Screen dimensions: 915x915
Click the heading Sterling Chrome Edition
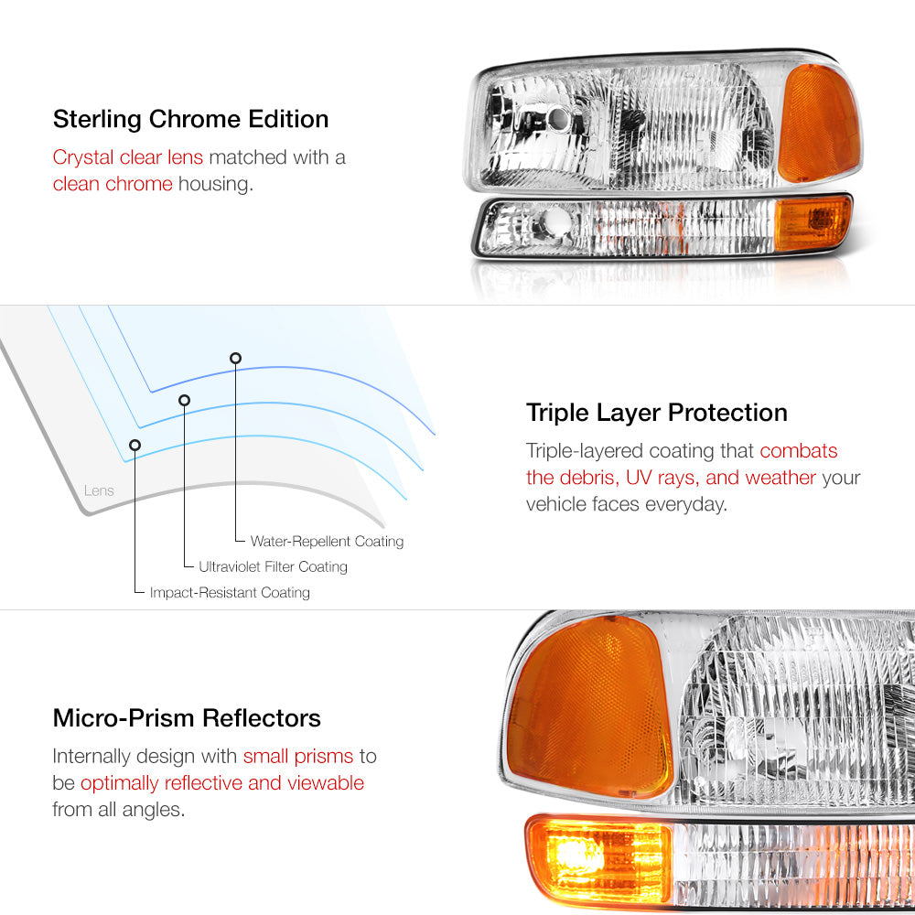click(x=191, y=120)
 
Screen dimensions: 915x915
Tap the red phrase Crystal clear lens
click(x=128, y=157)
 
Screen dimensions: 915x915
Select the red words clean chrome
click(x=113, y=184)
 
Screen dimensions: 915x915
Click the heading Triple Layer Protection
click(x=656, y=414)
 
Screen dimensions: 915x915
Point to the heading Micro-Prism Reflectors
click(x=187, y=718)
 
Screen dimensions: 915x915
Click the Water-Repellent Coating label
click(x=327, y=542)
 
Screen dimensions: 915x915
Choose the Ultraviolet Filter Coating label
click(x=273, y=566)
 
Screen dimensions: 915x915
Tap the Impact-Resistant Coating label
click(x=230, y=592)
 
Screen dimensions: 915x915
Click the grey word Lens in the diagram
click(x=99, y=490)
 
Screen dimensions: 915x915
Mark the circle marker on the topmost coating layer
click(x=235, y=359)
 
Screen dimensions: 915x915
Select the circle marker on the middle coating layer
click(x=185, y=401)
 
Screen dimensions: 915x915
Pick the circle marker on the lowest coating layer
click(x=135, y=446)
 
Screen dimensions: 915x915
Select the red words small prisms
click(x=298, y=757)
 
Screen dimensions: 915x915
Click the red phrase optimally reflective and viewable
click(x=222, y=783)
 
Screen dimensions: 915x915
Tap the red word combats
click(x=798, y=451)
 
